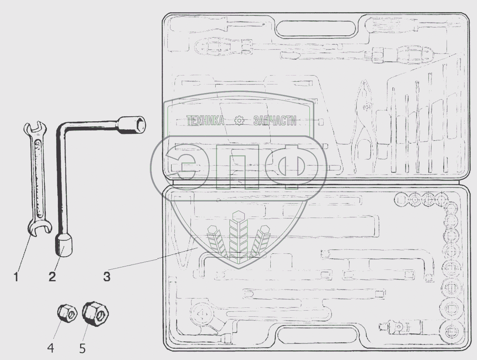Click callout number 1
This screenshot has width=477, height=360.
point(16,277)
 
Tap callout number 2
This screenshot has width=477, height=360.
point(52,277)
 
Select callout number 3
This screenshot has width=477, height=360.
point(107,277)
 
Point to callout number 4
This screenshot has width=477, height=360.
point(50,347)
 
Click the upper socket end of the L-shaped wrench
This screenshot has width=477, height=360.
point(132,125)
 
